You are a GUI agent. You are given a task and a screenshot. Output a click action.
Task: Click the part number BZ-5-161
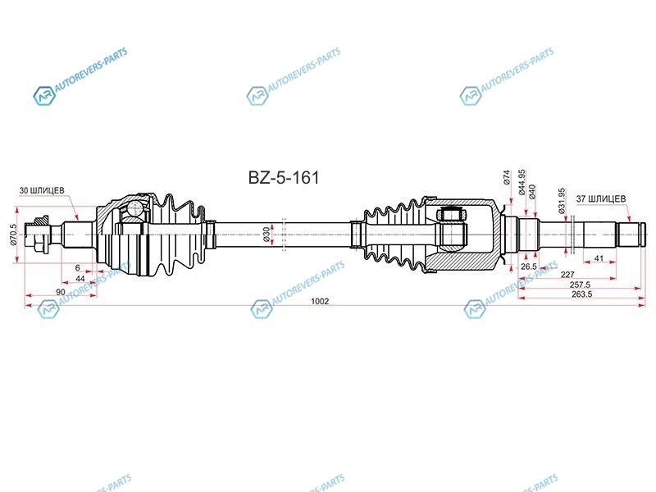284,178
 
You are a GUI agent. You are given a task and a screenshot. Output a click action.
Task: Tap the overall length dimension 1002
320,301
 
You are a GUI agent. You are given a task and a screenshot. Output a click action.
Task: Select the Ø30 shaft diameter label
266,235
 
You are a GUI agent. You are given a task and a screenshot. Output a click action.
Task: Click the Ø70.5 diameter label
13,235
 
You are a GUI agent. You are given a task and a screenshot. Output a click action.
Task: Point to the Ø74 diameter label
507,177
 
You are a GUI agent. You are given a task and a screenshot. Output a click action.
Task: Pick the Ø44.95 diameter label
522,182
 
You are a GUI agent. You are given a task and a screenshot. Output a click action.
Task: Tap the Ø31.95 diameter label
562,201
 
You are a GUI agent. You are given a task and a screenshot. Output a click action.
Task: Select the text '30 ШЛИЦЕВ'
42,190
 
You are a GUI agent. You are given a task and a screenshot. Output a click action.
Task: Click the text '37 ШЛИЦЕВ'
601,198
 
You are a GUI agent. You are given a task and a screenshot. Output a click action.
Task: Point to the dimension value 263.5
581,294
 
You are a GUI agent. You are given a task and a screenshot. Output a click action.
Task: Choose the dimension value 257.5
580,285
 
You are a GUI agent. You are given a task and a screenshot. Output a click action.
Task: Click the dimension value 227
567,275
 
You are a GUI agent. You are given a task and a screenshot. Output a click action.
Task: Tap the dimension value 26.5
529,266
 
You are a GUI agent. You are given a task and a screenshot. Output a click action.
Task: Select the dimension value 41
599,258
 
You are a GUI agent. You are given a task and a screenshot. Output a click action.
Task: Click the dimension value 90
60,292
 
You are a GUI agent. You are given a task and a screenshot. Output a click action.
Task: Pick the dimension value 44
80,279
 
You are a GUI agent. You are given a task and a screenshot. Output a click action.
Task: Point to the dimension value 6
77,268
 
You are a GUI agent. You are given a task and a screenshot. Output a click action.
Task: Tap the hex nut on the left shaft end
41,235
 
